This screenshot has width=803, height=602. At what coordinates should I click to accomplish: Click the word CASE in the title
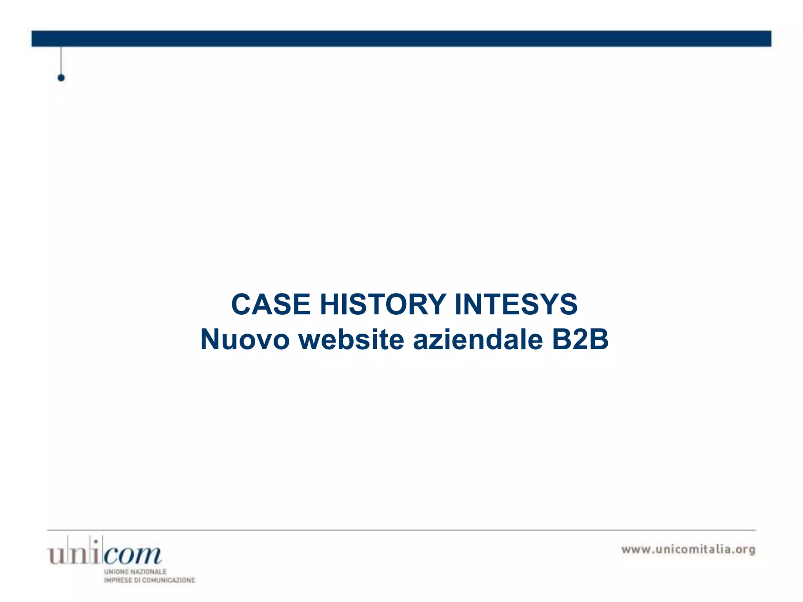271,305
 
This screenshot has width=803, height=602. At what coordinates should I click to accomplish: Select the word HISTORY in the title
383,305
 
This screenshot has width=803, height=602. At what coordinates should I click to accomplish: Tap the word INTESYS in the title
516,305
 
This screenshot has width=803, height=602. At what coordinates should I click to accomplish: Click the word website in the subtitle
351,339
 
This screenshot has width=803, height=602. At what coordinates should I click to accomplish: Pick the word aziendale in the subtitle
478,339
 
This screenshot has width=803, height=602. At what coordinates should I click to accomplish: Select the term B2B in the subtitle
580,339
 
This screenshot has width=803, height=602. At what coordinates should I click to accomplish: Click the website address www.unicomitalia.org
688,549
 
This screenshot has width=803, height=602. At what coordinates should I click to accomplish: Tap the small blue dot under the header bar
61,78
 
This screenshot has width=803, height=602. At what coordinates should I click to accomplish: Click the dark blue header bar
401,39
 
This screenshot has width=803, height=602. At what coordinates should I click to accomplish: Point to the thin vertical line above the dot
61,60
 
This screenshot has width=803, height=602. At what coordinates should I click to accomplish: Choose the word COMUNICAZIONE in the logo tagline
168,580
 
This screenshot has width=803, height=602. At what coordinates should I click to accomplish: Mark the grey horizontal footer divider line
401,530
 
